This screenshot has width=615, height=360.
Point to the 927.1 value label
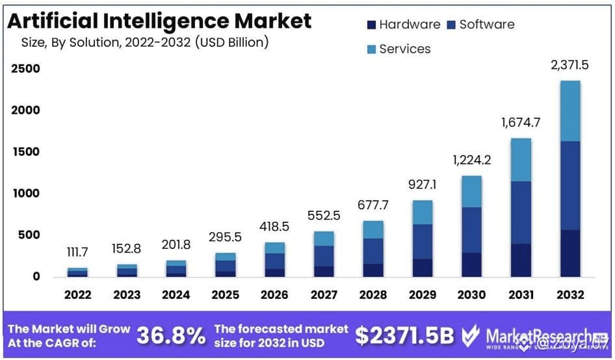(x=423, y=185)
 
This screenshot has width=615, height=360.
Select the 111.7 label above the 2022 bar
(x=77, y=252)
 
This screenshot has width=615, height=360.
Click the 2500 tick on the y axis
(x=24, y=69)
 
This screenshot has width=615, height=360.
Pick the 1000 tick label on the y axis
(x=24, y=194)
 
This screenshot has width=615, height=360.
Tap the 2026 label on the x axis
(x=274, y=295)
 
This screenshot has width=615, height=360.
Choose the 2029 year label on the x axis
(x=423, y=295)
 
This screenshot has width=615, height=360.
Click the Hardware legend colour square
(x=371, y=25)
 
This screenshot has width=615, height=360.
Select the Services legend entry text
(x=404, y=49)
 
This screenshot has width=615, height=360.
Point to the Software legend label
(x=486, y=25)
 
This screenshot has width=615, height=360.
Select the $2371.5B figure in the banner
(x=404, y=335)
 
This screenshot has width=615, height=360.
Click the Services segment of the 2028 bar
(x=373, y=229)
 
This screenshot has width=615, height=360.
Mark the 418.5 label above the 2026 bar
(x=274, y=227)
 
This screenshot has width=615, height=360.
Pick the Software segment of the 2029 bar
(x=423, y=241)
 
